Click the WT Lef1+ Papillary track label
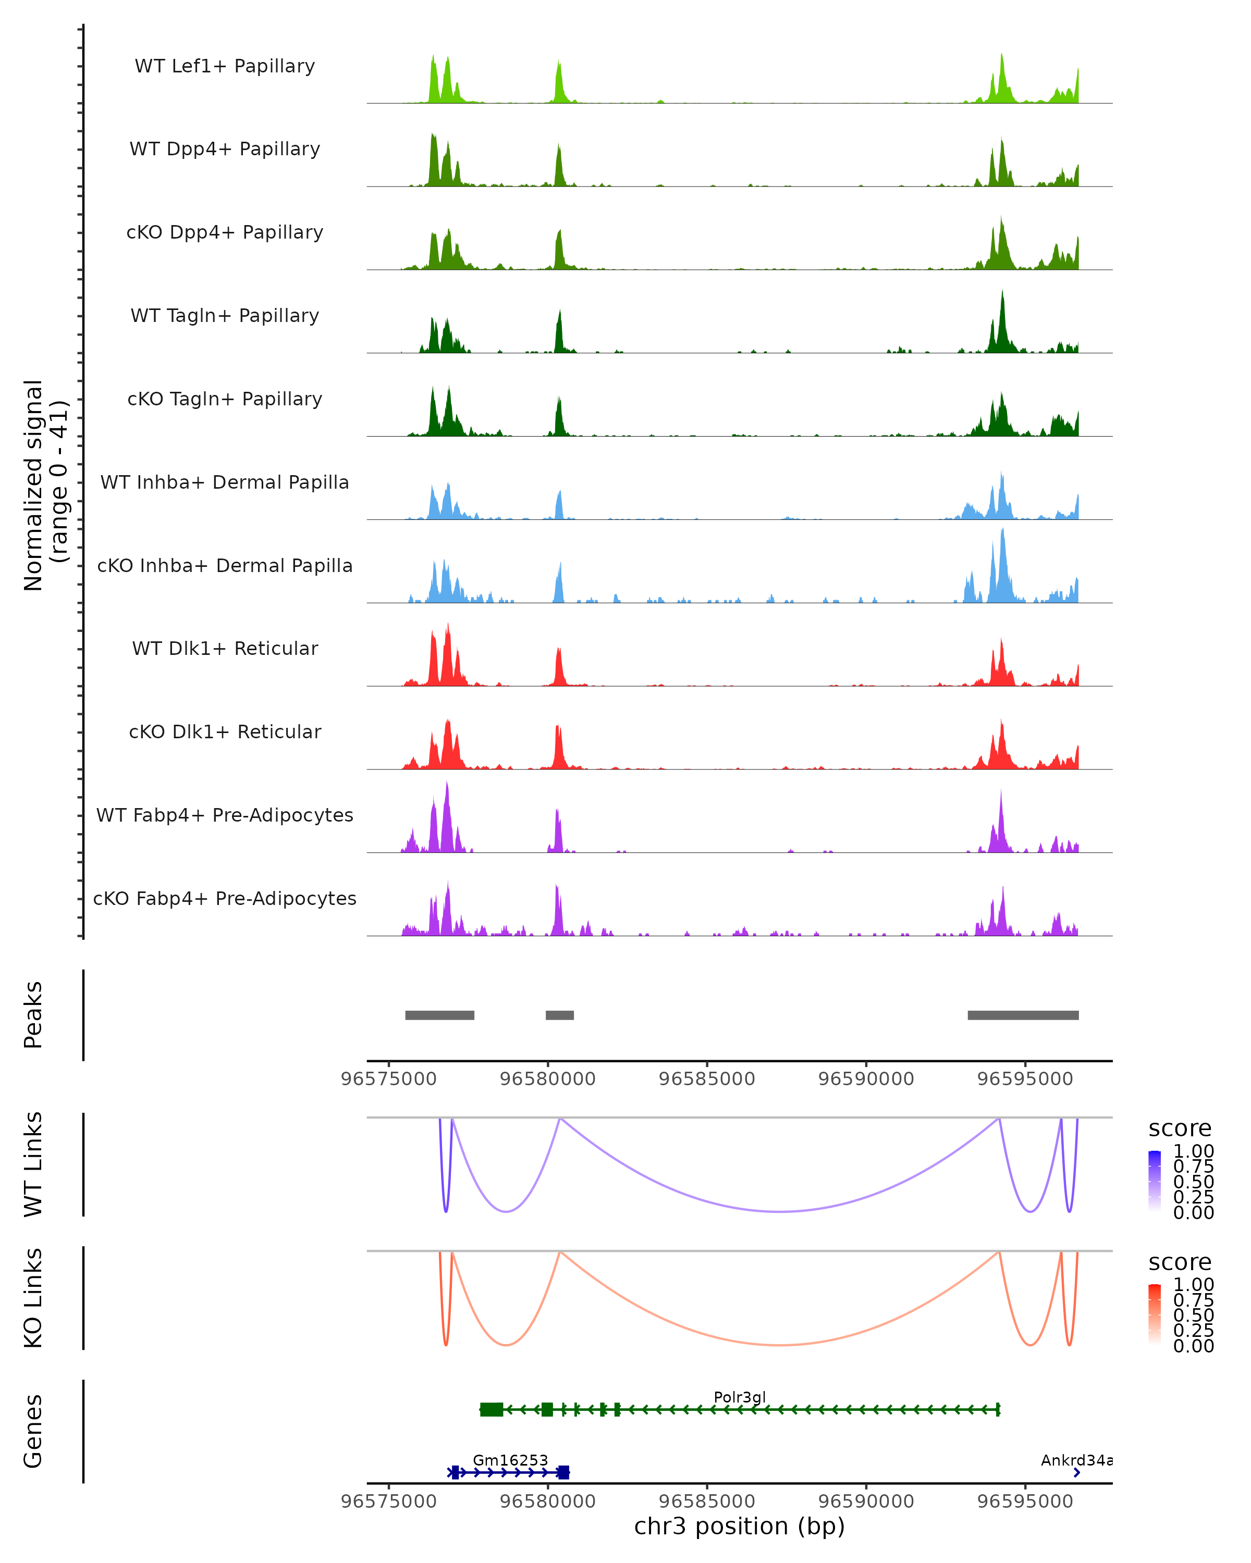pos(225,66)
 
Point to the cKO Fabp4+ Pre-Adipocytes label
pos(225,898)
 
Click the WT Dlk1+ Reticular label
pos(225,648)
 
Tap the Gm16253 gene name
pos(510,1460)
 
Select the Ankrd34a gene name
pos(1076,1460)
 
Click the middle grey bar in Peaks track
pos(559,1015)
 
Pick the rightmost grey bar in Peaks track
pos(1023,1015)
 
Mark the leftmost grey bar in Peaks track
pos(439,1015)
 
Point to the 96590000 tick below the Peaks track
pos(866,1079)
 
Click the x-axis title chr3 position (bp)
pos(739,1527)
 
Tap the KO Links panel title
pos(33,1298)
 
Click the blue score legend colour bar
pos(1155,1181)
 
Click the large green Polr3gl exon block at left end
pos(492,1409)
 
